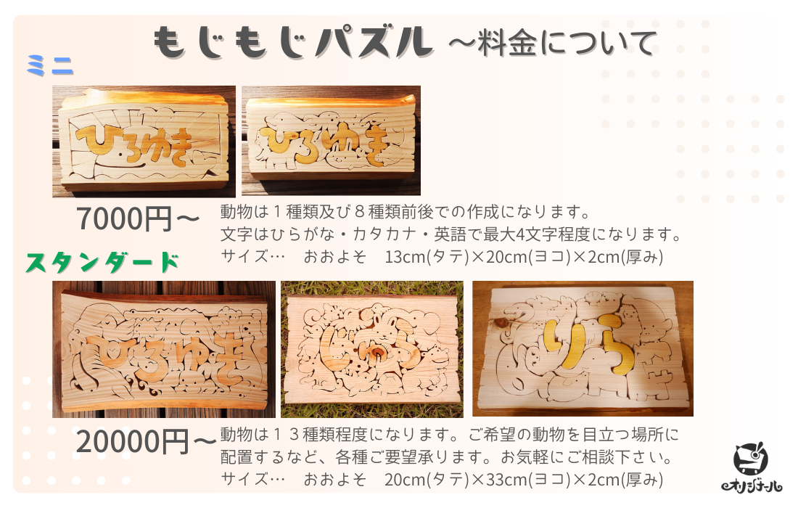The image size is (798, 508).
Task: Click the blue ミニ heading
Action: click(50, 65)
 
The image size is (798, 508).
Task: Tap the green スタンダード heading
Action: click(102, 263)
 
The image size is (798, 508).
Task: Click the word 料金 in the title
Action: click(507, 43)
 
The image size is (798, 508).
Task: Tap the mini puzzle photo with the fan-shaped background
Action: click(144, 142)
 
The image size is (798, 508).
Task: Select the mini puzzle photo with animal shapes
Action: click(332, 141)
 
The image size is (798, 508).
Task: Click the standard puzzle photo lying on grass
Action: click(372, 349)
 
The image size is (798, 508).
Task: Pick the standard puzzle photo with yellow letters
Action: click(583, 348)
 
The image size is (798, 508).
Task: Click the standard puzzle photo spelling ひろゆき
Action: click(164, 349)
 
